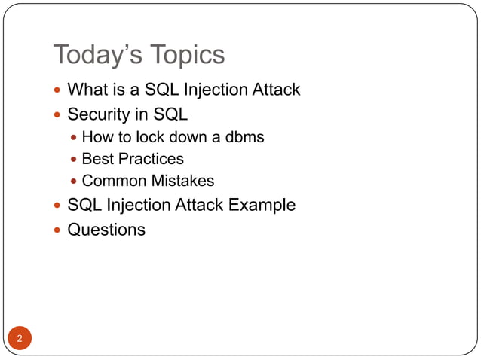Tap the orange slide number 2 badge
click(20, 338)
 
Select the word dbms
click(243, 137)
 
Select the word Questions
click(106, 230)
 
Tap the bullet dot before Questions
click(59, 230)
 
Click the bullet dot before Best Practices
click(73, 160)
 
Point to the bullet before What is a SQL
click(59, 90)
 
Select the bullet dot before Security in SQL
click(59, 116)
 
